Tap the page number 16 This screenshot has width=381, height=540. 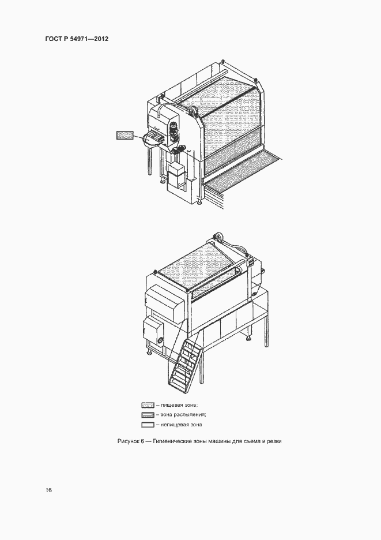(48, 490)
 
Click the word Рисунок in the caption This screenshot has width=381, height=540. (128, 441)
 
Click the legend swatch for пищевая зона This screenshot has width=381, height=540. (148, 405)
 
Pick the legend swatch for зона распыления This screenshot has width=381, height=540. (148, 415)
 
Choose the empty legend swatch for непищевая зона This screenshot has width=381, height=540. (148, 425)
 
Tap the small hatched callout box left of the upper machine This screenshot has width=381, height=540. (125, 135)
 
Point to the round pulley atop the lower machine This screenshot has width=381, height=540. (218, 238)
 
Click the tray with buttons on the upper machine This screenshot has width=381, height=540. (154, 138)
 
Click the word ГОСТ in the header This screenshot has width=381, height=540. (52, 39)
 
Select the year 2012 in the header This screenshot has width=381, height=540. (103, 39)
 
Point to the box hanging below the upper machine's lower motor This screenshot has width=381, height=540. (176, 175)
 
